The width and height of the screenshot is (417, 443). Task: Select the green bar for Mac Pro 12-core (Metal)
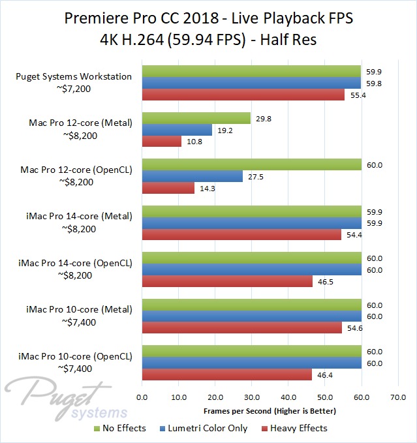coord(196,118)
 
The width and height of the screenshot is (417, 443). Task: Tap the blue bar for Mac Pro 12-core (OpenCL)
coord(192,176)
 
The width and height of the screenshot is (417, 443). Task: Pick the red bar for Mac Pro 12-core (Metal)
coord(161,142)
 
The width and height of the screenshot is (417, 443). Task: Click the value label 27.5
coord(256,176)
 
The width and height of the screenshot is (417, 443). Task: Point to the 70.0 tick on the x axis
coord(397,396)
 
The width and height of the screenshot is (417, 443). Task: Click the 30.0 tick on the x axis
coord(251,396)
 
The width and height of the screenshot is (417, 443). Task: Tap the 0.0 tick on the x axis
coord(142,396)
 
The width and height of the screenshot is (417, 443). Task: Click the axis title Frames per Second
coord(269,411)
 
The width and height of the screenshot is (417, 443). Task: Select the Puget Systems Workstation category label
coord(74,76)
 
